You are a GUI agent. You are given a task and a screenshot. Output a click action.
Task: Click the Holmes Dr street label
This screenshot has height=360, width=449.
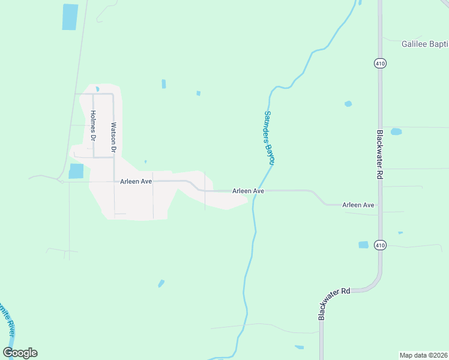(93, 125)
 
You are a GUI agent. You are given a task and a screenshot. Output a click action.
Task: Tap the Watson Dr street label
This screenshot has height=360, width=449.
(113, 137)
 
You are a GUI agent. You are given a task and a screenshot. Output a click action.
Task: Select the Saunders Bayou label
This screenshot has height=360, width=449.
(269, 137)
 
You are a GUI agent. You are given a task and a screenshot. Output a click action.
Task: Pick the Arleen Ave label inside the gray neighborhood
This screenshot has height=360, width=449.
(136, 181)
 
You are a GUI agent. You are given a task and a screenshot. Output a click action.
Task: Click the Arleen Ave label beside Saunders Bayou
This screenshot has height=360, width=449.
(248, 191)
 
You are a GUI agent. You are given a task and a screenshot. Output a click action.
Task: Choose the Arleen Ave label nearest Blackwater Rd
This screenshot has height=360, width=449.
(358, 205)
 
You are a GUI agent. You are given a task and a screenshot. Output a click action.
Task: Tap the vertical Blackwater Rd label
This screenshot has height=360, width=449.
(380, 154)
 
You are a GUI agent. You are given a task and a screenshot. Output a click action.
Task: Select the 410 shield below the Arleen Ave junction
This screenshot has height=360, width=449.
(379, 245)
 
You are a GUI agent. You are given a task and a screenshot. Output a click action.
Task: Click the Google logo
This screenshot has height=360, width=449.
(20, 353)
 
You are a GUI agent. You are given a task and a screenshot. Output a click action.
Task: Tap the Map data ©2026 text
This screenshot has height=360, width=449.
(423, 355)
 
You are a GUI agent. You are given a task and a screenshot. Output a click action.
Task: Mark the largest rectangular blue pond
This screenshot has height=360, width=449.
(70, 17)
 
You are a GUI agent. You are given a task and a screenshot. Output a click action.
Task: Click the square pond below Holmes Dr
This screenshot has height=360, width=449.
(76, 171)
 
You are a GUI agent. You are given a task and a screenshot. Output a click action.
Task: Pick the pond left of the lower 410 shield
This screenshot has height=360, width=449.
(363, 245)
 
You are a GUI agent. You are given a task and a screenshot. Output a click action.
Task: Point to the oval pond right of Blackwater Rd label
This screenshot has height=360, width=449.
(396, 131)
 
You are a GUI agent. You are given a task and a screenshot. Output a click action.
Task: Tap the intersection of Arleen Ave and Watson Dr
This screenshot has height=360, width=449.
(114, 181)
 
